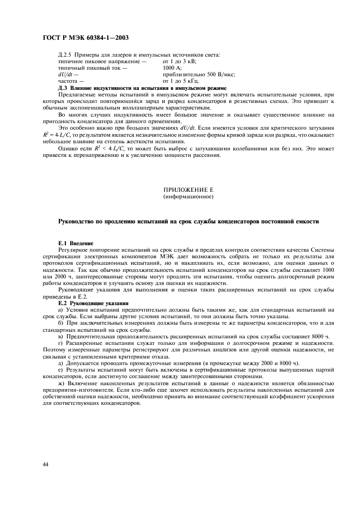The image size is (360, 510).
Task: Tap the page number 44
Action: [47, 464]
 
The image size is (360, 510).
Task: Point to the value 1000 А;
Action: [173, 68]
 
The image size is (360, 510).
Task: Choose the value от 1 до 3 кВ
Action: [180, 62]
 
